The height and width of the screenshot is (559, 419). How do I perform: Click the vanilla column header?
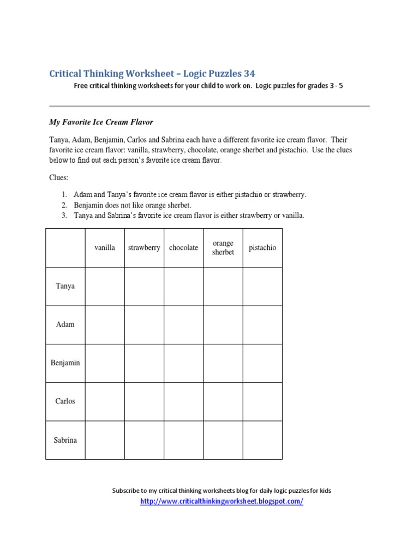click(105, 248)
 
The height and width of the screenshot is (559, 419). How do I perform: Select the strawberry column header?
click(144, 248)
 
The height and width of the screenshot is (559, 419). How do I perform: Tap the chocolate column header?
click(184, 248)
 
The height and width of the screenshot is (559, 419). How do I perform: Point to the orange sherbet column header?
click(223, 248)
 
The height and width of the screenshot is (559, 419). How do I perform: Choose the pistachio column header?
click(262, 248)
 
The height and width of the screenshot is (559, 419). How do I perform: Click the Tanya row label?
click(65, 286)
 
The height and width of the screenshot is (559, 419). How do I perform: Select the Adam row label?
click(65, 324)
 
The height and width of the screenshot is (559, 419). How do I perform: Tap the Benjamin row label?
click(65, 362)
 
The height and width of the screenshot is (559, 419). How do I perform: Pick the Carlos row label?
click(65, 401)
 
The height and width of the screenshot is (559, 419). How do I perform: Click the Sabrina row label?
click(65, 439)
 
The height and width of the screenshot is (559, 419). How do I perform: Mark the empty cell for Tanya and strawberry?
click(144, 286)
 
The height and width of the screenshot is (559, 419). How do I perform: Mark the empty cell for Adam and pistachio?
click(262, 324)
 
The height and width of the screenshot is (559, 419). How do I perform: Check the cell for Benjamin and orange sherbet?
click(223, 362)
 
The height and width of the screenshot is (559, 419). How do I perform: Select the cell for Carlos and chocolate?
click(184, 401)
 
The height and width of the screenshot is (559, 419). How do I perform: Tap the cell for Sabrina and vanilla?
click(105, 439)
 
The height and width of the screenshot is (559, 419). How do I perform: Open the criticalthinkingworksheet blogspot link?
click(222, 501)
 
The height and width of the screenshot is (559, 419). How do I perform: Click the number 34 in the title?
click(249, 73)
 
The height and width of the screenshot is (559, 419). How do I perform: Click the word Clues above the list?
click(59, 178)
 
